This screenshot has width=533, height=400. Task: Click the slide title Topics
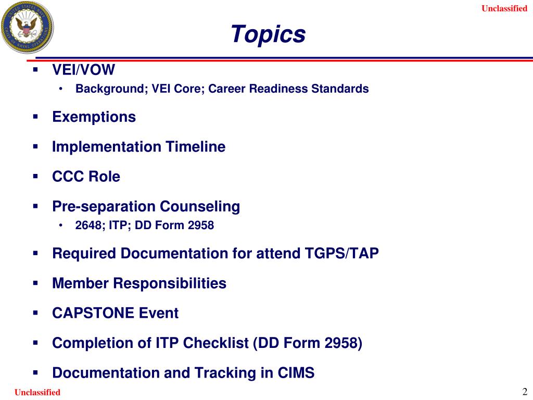pyautogui.click(x=268, y=34)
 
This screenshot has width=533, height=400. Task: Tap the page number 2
pyautogui.click(x=525, y=392)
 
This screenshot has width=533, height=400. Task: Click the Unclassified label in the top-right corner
pyautogui.click(x=504, y=8)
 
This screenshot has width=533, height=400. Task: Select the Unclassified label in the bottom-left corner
pyautogui.click(x=37, y=392)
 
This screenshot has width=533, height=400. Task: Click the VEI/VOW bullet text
pyautogui.click(x=84, y=70)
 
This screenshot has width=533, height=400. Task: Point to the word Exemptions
pyautogui.click(x=94, y=117)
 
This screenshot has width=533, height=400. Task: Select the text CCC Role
pyautogui.click(x=86, y=177)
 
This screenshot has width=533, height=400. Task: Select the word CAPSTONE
pyautogui.click(x=94, y=314)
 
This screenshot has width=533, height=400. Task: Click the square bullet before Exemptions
pyautogui.click(x=36, y=117)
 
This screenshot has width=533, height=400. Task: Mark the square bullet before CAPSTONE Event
pyautogui.click(x=36, y=313)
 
